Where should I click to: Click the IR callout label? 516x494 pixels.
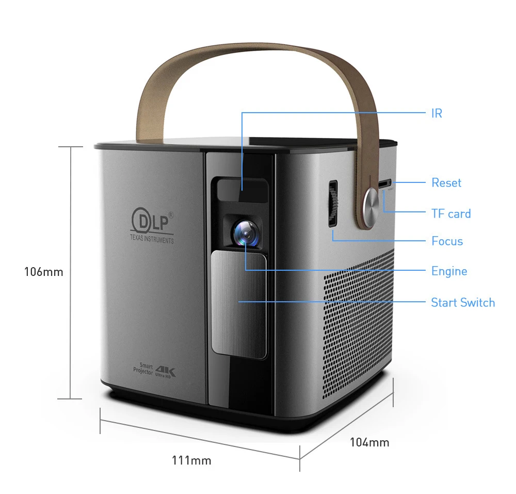tap(437, 113)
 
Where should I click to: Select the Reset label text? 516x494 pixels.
tap(446, 182)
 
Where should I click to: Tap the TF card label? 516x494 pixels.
tap(451, 213)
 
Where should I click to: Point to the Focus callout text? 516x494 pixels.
tap(447, 241)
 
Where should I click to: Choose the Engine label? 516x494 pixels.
tap(449, 271)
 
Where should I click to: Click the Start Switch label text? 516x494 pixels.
tap(462, 302)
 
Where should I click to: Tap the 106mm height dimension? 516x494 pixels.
tap(43, 272)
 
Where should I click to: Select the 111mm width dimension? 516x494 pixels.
tap(191, 460)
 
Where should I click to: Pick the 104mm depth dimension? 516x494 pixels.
tap(369, 442)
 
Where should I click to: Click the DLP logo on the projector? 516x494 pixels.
tap(151, 221)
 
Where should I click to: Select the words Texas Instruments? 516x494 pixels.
tap(152, 239)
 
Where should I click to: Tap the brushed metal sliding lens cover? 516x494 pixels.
tap(239, 305)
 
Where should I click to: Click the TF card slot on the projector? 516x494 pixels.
tap(385, 184)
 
